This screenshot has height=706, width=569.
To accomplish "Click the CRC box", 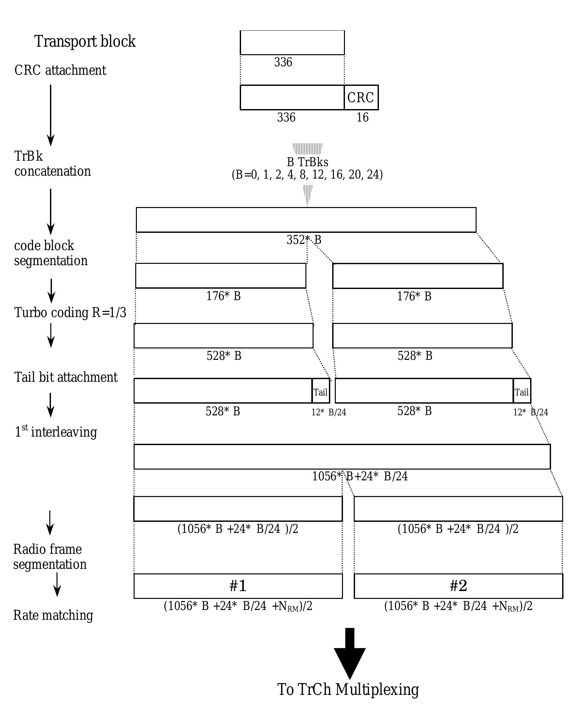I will click(361, 97).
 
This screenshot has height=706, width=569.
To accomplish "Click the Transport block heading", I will click(85, 41).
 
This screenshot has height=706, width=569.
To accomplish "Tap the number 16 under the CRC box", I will click(362, 117).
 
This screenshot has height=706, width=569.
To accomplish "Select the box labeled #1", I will click(238, 586).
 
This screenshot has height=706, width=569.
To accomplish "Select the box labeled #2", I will click(458, 586).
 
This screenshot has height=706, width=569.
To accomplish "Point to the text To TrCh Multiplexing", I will click(348, 689).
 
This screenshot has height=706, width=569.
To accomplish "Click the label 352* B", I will click(304, 240).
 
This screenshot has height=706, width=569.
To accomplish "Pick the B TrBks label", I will click(307, 162).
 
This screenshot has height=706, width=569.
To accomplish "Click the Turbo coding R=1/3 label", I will click(70, 313).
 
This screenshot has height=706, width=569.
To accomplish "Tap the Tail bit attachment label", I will click(66, 377).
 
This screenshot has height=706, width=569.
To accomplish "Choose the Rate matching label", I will click(53, 615).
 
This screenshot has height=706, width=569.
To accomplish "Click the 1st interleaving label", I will click(56, 431).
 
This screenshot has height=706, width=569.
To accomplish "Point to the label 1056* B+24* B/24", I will click(360, 476).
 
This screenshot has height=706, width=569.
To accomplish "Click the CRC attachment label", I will click(60, 70).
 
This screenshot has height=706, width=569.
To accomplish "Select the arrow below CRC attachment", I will click(51, 115).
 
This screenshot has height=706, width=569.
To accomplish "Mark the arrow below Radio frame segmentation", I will click(57, 585).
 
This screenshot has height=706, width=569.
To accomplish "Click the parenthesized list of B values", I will click(307, 175).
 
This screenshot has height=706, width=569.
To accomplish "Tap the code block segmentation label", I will click(51, 253).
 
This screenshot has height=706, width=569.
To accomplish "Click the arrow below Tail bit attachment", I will click(51, 405).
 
